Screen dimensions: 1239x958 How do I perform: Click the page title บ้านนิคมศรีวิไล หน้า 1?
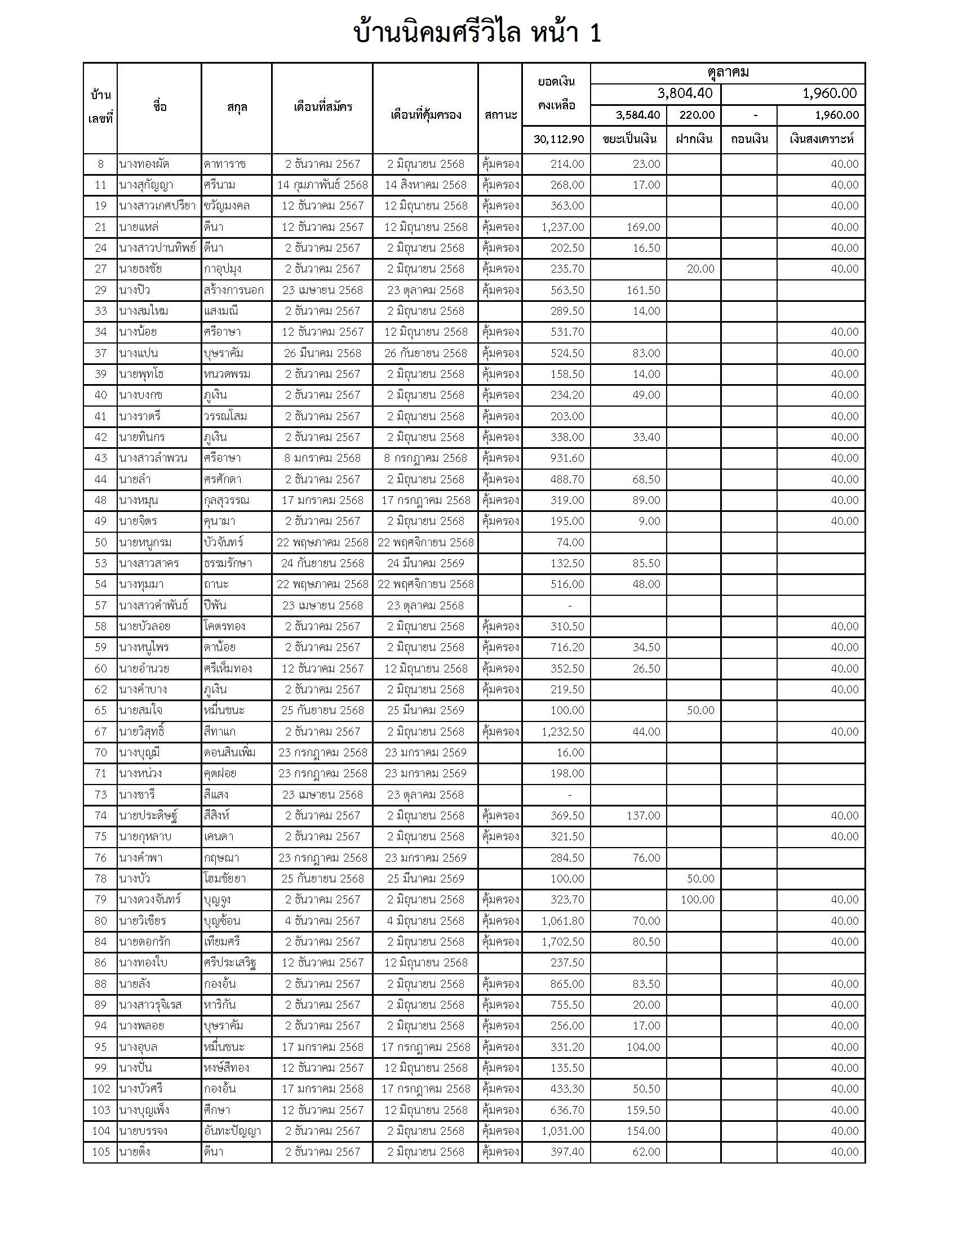477,33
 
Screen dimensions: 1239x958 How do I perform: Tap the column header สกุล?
237,108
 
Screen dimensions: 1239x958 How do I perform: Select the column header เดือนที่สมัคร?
322,106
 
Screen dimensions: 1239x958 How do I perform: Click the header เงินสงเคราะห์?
820,139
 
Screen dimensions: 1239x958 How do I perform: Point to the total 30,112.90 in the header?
558,139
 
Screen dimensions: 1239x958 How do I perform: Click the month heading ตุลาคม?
728,73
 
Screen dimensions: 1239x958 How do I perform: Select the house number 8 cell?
100,164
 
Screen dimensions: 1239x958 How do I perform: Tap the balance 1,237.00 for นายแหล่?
562,228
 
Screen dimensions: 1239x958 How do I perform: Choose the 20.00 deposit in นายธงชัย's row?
700,269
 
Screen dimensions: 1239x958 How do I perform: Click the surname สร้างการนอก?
233,291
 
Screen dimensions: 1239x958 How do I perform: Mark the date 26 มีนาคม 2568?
322,354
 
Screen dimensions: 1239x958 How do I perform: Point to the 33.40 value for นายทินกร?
646,438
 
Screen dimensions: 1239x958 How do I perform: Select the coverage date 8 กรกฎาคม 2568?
425,458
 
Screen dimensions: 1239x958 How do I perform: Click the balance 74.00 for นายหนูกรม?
570,542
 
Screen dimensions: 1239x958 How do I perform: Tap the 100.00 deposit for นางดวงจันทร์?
697,900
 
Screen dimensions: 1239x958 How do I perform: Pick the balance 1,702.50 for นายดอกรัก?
562,942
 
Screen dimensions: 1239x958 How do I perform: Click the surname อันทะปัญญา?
232,1131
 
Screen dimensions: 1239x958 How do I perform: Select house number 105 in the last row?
100,1152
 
